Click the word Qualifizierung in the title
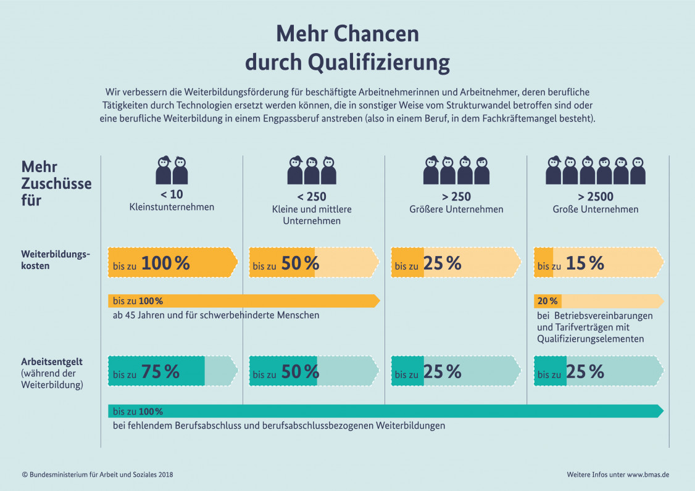click(378, 62)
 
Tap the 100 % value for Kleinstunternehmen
click(165, 263)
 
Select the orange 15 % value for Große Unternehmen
click(585, 263)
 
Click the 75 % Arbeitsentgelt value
click(160, 372)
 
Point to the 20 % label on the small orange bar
click(547, 301)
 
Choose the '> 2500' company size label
click(595, 197)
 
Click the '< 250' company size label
click(312, 197)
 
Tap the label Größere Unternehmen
click(456, 209)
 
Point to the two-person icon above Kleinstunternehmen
click(172, 170)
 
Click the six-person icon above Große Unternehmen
click(595, 170)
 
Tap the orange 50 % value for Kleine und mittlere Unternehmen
click(300, 263)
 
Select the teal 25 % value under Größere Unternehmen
click(442, 372)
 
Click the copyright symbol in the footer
click(25, 474)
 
